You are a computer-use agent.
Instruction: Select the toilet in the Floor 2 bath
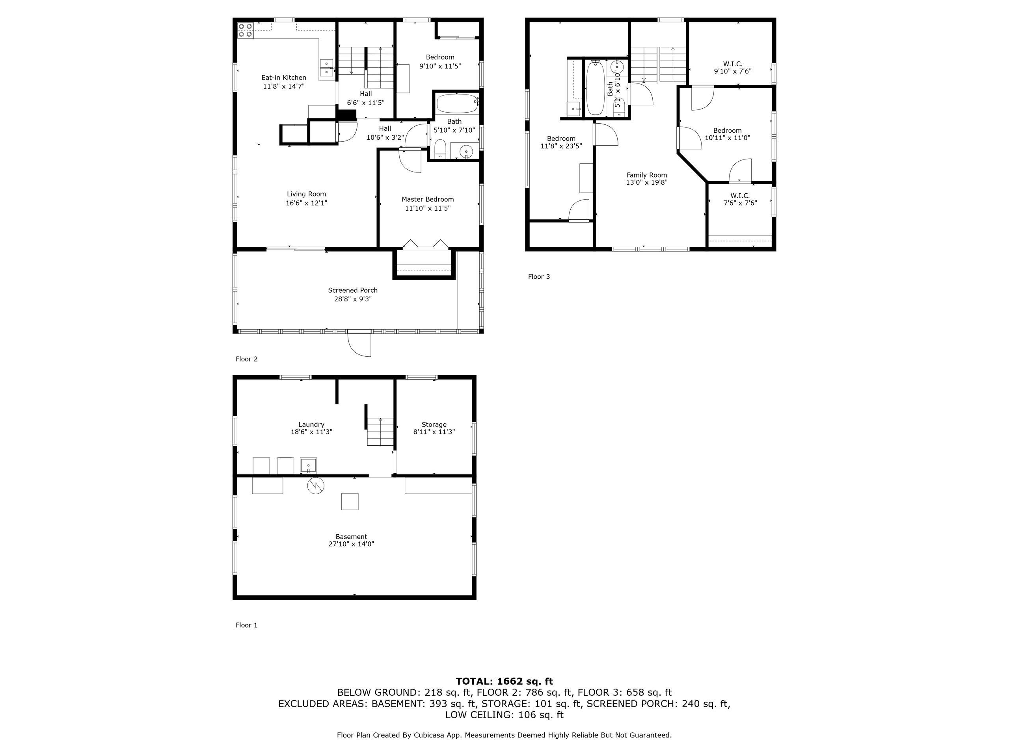440,149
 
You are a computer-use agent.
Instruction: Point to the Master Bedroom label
427,199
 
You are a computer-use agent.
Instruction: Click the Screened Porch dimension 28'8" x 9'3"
353,299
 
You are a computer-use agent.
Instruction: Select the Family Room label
646,175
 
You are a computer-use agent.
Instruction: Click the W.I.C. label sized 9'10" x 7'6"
733,64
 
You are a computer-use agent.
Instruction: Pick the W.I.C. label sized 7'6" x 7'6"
740,195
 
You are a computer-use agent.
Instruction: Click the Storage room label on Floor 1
434,424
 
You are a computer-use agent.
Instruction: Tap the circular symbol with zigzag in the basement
316,486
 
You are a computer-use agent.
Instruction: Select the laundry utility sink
308,466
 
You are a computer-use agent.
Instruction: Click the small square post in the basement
350,502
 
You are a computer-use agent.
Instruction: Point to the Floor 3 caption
539,276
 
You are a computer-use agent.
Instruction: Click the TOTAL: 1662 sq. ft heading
504,681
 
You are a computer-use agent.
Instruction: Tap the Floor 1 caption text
246,625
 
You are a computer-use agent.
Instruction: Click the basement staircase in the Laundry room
380,432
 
